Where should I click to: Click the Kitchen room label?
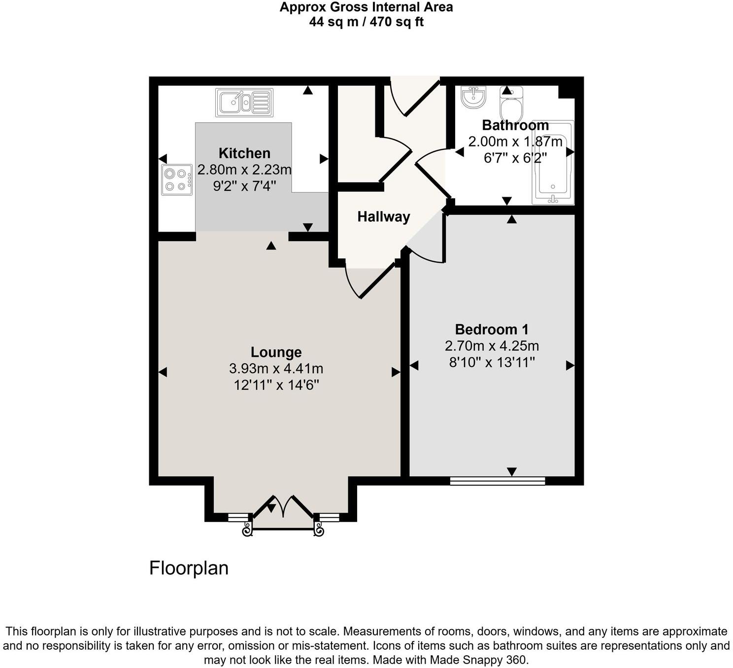pos(244,153)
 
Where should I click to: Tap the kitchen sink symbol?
pos(244,103)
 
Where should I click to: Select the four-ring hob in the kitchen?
pos(177,179)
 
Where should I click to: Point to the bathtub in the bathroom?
pos(553,163)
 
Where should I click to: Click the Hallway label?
pos(383,216)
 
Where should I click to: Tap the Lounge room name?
pos(276,352)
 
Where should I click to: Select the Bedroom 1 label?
pos(492,329)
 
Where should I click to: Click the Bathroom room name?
pos(515,125)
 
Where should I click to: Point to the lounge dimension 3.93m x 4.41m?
pos(276,368)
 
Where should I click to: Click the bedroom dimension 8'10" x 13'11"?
pos(492,363)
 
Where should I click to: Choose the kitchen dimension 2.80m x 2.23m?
pos(244,170)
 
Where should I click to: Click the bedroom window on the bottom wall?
pos(498,481)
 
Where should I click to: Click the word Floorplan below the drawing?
pos(189,568)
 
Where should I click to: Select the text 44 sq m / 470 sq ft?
pos(366,22)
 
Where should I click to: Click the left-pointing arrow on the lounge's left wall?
pos(163,372)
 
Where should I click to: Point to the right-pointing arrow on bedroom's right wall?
pos(570,365)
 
